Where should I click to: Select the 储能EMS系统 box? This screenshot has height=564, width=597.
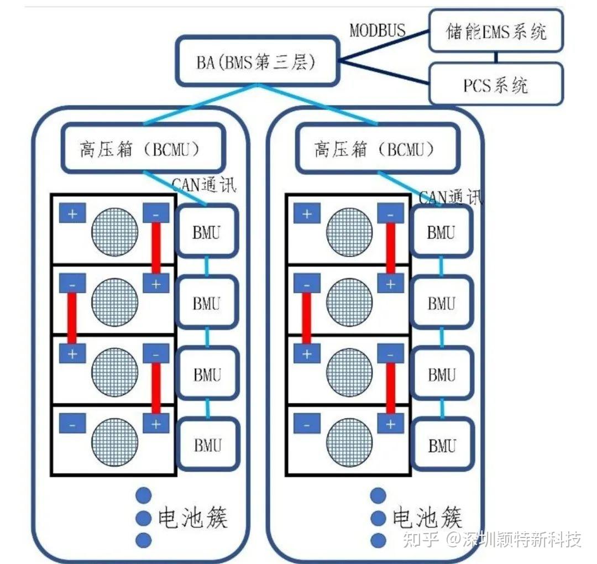click(x=496, y=32)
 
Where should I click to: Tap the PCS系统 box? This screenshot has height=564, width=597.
click(x=496, y=84)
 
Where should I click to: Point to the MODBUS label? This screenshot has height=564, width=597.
click(x=378, y=30)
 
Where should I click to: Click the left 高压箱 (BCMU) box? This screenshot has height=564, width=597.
click(x=143, y=149)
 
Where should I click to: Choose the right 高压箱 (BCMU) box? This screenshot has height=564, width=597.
click(x=378, y=149)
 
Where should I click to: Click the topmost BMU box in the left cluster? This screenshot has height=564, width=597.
click(x=207, y=232)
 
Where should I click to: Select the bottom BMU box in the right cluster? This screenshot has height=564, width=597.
click(x=442, y=445)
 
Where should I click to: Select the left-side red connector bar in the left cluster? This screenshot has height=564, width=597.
click(x=72, y=318)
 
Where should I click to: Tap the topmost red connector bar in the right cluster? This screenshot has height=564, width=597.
click(x=391, y=248)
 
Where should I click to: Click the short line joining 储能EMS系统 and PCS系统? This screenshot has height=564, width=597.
click(x=496, y=57)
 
